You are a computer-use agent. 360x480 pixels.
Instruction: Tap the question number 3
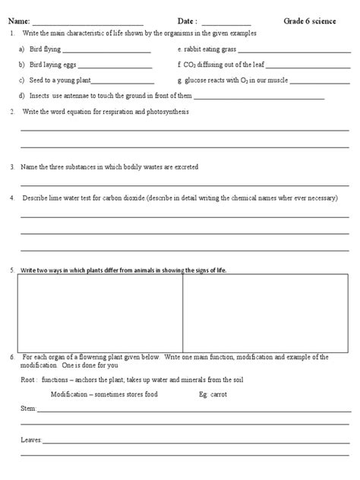pos(13,166)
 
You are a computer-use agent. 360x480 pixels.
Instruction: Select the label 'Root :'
pos(29,379)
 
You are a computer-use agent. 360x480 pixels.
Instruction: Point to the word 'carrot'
pos(219,394)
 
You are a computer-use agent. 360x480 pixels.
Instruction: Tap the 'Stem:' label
pos(28,409)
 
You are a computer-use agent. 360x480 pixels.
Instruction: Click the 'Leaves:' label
pos(32,439)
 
